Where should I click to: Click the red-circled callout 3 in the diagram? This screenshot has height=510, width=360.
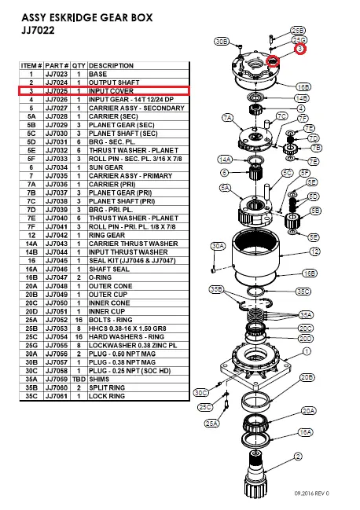(300, 50)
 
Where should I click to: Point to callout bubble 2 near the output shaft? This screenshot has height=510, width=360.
(299, 456)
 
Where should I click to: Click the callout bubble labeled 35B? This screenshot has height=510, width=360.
(216, 290)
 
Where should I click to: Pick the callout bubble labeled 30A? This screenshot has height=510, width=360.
(219, 246)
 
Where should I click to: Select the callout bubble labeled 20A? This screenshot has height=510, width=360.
(308, 410)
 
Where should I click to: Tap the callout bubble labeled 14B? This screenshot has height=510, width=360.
(302, 98)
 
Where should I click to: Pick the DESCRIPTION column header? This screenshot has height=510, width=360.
(112, 65)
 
